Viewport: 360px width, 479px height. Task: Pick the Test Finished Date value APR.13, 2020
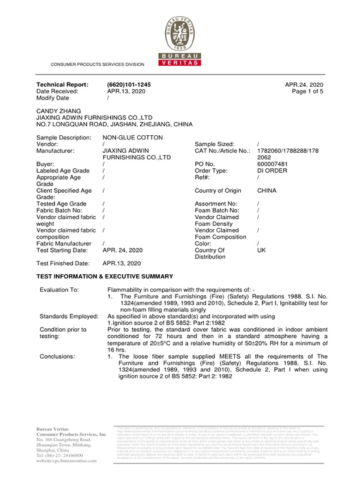[x=122, y=263]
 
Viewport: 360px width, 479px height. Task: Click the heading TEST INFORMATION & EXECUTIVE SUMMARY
[x=105, y=276]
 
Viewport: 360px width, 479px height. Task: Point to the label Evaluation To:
[x=59, y=289]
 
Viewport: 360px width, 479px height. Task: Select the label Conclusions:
[x=58, y=356]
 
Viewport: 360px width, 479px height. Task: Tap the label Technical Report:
[x=62, y=85]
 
